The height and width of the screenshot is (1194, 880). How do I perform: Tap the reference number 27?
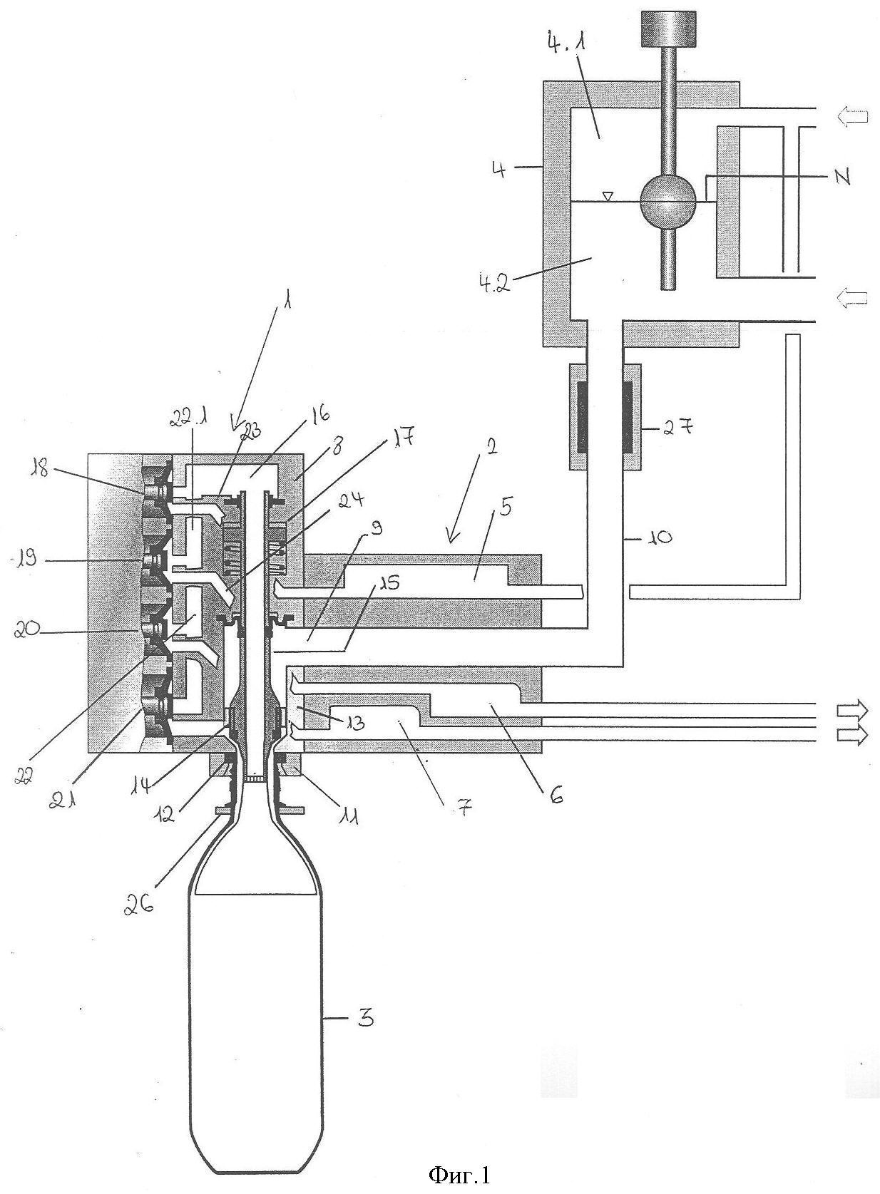(x=677, y=428)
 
